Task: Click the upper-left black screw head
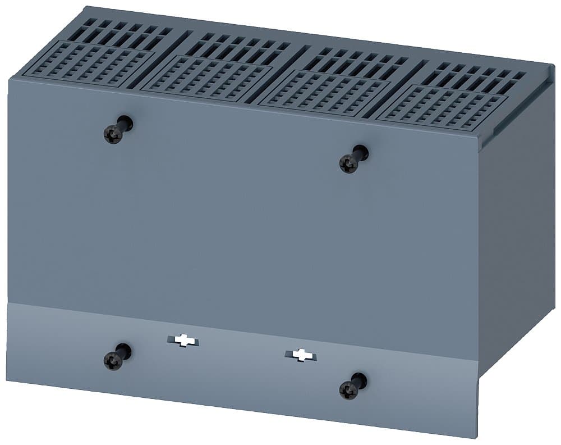[113, 134]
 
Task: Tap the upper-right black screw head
[349, 164]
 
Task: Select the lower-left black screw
[113, 360]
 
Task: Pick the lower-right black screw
[349, 389]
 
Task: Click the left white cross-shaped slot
[182, 340]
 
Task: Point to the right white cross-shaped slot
[301, 355]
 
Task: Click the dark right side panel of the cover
[516, 225]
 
